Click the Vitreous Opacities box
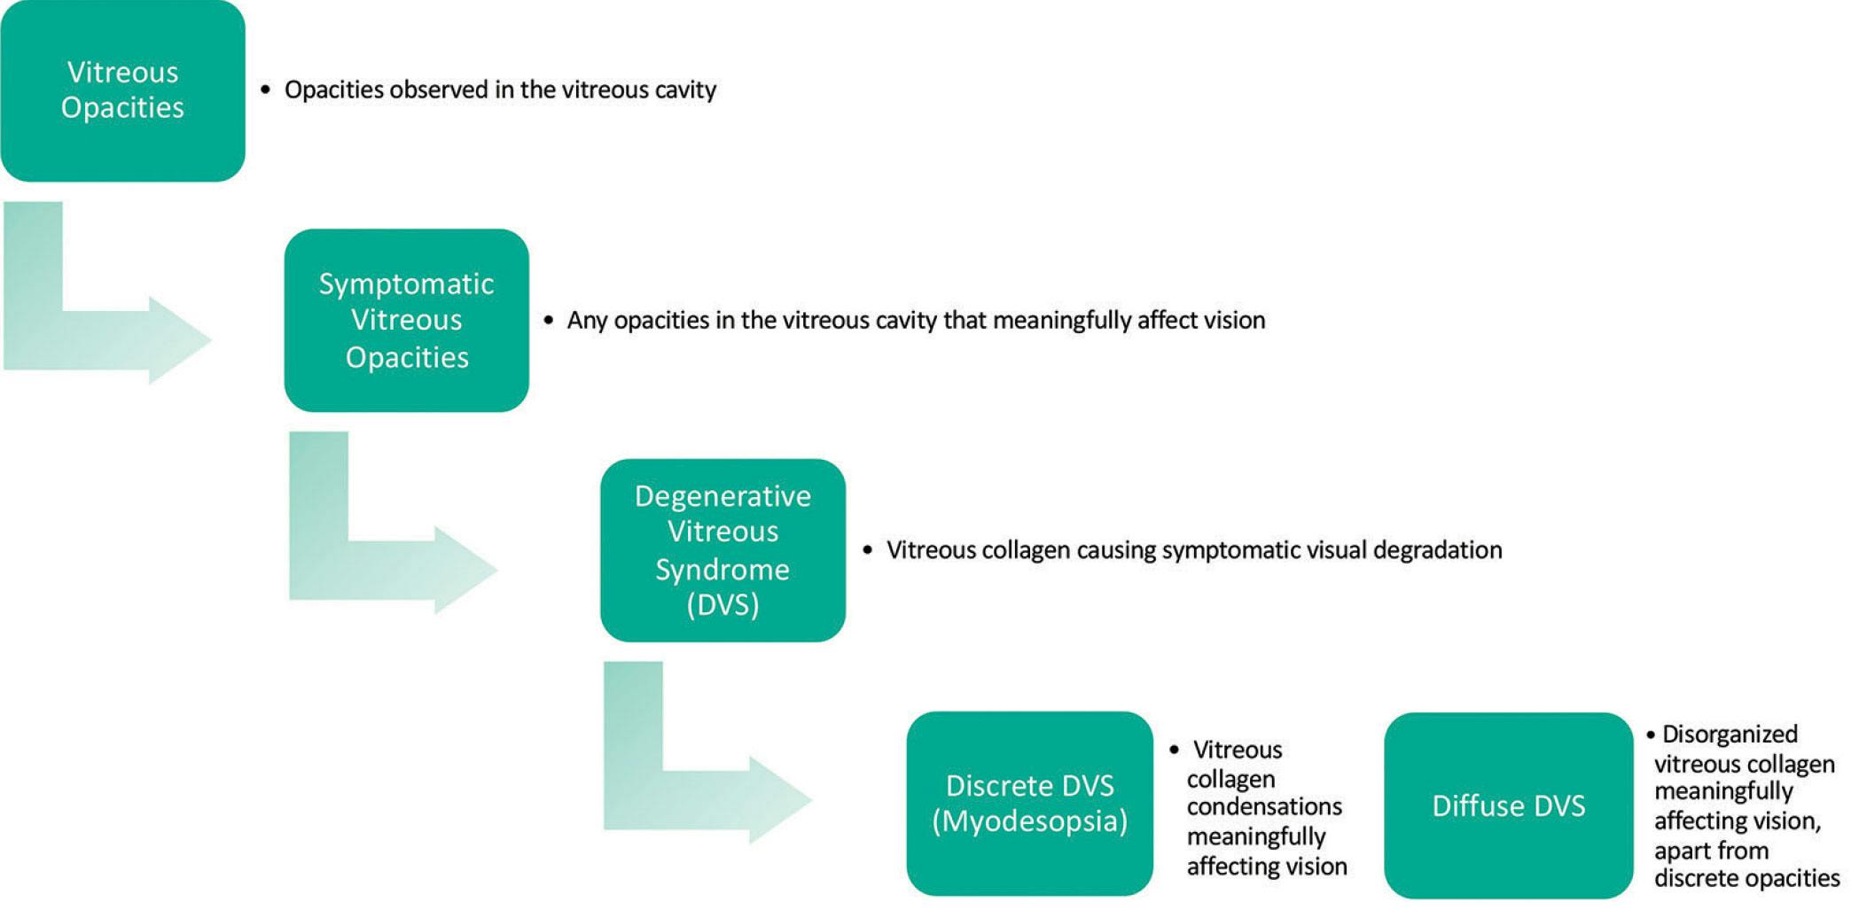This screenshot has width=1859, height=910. point(122,90)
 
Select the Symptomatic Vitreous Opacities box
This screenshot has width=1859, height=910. point(406,320)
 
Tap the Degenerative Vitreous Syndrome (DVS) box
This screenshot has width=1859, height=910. point(723,549)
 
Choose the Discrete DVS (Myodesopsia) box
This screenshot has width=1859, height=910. point(1029,804)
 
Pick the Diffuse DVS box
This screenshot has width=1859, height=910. point(1508,805)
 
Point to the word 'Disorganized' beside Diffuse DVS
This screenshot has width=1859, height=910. point(1730,735)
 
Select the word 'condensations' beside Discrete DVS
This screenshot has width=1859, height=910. point(1264,807)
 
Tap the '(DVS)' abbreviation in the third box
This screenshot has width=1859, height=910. point(723,604)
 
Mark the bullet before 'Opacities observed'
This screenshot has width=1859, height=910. point(265,90)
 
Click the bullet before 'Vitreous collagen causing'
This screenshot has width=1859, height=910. point(867,550)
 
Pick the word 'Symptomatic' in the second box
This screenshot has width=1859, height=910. point(406,284)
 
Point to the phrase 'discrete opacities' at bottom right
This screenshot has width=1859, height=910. point(1746,879)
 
